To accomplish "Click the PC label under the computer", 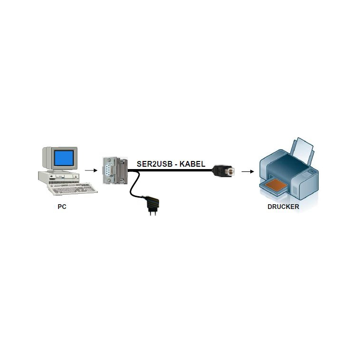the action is (x=62, y=207).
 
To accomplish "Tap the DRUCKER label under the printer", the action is (x=284, y=207).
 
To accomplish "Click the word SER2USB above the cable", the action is (x=154, y=164).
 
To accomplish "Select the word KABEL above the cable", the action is (x=192, y=164).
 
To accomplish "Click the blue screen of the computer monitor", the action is (x=64, y=158).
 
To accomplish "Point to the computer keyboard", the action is (x=72, y=189).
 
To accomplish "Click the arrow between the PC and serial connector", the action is (x=91, y=171).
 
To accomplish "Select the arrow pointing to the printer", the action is (x=248, y=171).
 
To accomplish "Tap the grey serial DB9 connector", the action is (x=115, y=171).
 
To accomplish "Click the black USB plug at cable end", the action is (x=223, y=171).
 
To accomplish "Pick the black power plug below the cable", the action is (x=152, y=205).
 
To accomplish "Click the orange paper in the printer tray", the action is (x=276, y=185).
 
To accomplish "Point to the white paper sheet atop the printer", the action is (x=303, y=151).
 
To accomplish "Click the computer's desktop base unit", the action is (x=59, y=178).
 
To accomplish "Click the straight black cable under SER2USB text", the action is (x=170, y=171).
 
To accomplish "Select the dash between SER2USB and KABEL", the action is (x=176, y=164).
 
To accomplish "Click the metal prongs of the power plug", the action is (x=152, y=213).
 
